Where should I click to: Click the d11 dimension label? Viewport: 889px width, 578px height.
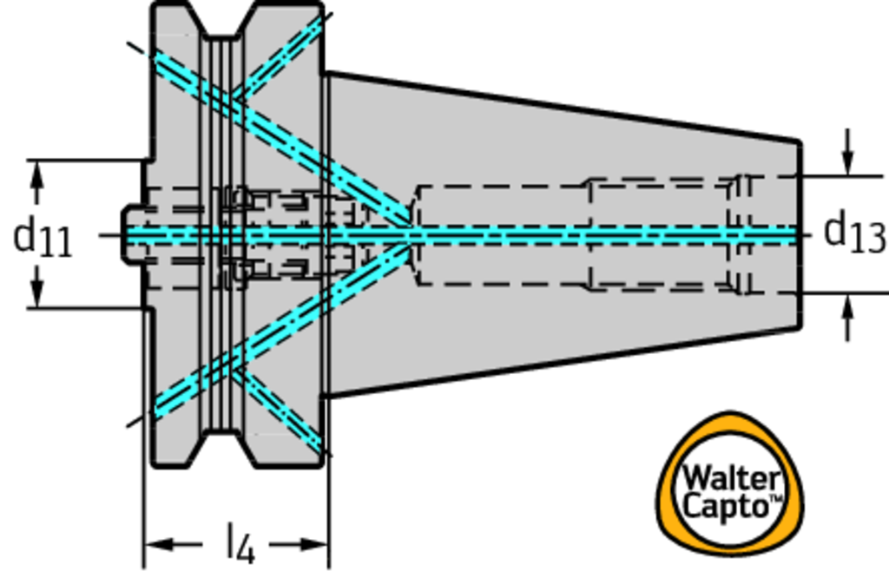[x=43, y=236]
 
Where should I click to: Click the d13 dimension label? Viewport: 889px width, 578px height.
[x=853, y=233]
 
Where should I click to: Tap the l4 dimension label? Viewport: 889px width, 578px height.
[x=240, y=544]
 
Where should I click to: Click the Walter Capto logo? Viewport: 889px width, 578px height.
[x=729, y=486]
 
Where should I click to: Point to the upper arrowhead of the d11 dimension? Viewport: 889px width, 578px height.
[x=36, y=173]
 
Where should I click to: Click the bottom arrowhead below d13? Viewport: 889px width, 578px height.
[x=848, y=305]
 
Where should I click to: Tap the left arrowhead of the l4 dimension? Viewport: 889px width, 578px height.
[x=156, y=545]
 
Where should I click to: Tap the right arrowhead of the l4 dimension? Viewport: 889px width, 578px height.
[x=316, y=545]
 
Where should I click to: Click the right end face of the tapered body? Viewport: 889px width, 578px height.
[x=799, y=234]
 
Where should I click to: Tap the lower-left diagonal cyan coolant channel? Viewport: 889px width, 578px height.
[x=278, y=330]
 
